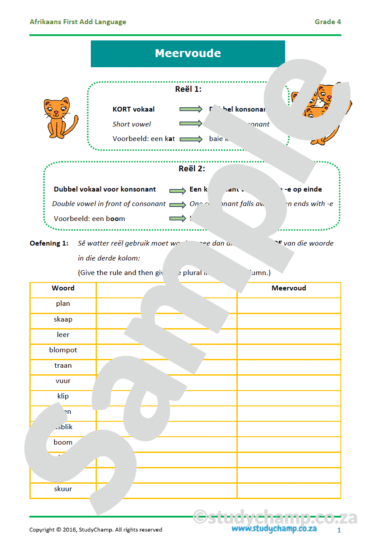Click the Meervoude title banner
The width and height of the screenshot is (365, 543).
[188, 54]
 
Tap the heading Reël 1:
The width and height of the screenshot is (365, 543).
[188, 89]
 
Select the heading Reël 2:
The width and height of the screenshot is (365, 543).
[192, 169]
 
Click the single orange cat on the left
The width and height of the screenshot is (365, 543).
[60, 117]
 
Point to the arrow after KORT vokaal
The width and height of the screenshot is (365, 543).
[191, 109]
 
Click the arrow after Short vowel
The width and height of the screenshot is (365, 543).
[191, 124]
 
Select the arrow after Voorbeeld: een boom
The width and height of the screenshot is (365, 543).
[177, 218]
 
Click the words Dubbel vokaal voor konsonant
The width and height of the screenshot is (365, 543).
[105, 189]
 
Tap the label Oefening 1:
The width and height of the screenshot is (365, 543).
[49, 243]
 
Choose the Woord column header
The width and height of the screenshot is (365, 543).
[63, 288]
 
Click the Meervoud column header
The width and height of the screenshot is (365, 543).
[289, 288]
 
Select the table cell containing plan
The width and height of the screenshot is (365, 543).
[63, 304]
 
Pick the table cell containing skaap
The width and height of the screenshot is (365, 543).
[63, 319]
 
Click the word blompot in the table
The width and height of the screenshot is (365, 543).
[63, 350]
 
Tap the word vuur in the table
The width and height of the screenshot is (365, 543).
[63, 381]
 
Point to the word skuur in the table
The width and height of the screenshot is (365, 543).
[63, 489]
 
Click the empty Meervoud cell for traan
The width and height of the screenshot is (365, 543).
[289, 366]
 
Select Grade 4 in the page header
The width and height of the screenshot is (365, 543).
[328, 22]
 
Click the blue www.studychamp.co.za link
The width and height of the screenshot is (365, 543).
[274, 529]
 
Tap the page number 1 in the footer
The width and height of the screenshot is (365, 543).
[339, 530]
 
